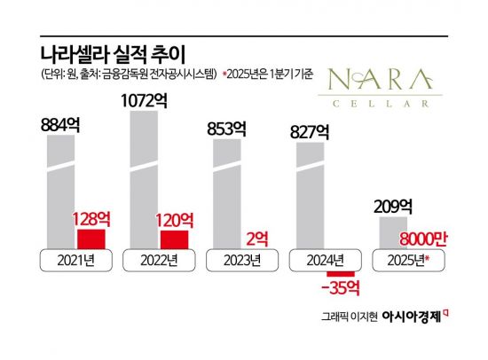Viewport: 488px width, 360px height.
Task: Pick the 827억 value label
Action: click(x=311, y=133)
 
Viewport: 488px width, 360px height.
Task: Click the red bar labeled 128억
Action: click(x=91, y=239)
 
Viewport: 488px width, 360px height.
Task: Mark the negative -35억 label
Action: click(x=339, y=290)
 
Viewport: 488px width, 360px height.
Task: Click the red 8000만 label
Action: click(x=424, y=237)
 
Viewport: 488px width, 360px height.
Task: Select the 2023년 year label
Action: click(x=239, y=261)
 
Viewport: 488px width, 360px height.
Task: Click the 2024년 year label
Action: click(x=321, y=261)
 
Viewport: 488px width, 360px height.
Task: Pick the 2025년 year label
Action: click(x=404, y=261)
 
